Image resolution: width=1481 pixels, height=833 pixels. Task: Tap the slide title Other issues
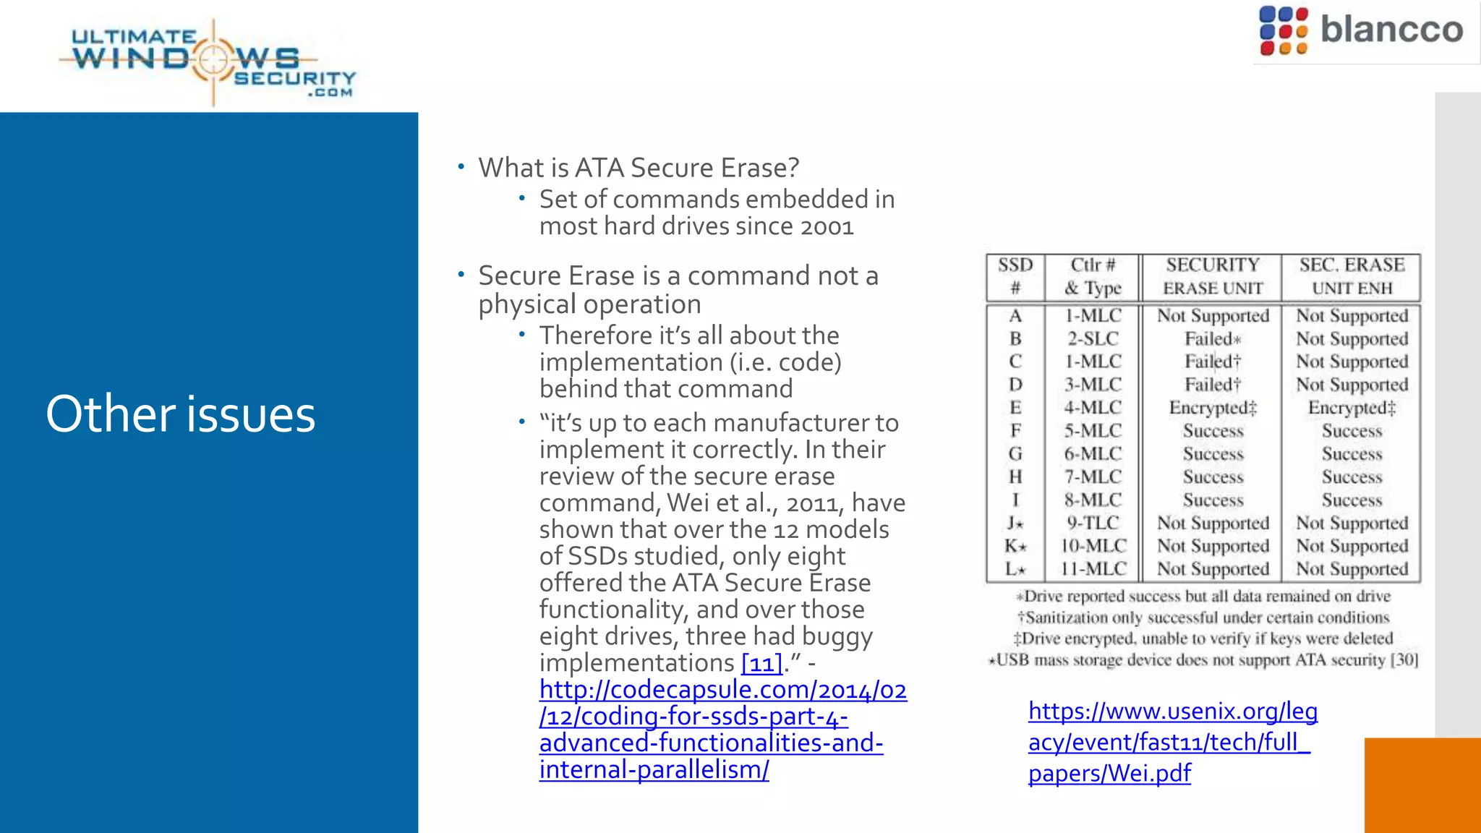pos(181,414)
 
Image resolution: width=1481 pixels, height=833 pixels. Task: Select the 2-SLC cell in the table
pos(1093,338)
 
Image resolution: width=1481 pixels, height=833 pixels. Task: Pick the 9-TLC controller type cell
pos(1093,523)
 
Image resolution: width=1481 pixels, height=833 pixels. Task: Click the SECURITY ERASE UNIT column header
pos(1212,276)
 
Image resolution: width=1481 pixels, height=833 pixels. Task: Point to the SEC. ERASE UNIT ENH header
pos(1352,276)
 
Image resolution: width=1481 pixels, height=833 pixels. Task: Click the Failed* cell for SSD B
pos(1212,338)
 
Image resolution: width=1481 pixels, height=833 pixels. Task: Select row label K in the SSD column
pos(1015,546)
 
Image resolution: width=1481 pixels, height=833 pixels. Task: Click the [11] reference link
pos(762,662)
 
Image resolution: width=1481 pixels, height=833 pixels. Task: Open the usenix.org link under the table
pos(1171,742)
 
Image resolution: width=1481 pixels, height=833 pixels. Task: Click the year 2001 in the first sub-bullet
pos(827,226)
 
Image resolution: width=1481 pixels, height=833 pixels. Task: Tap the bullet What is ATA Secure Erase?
pos(639,168)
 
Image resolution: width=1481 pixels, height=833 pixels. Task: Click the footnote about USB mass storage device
pos(1203,659)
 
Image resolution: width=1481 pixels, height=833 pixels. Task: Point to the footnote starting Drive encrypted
pos(1203,638)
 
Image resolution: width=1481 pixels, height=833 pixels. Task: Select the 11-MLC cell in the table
pos(1093,569)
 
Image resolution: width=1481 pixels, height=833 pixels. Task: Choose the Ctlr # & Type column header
pos(1093,276)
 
